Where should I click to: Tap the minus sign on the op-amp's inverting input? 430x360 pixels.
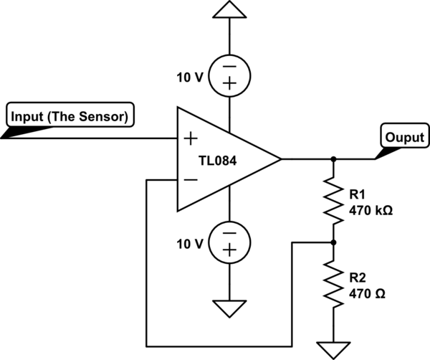(191, 179)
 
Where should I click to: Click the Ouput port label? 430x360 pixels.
(404, 137)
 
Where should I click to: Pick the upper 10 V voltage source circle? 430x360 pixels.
(229, 75)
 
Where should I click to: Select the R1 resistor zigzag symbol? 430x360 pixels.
(333, 201)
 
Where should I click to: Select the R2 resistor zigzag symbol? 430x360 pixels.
(333, 285)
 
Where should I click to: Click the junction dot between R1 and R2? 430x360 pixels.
(333, 243)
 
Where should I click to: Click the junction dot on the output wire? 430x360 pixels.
(333, 158)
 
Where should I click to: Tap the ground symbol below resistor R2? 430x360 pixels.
(333, 349)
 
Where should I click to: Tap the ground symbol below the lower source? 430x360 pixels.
(229, 308)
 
